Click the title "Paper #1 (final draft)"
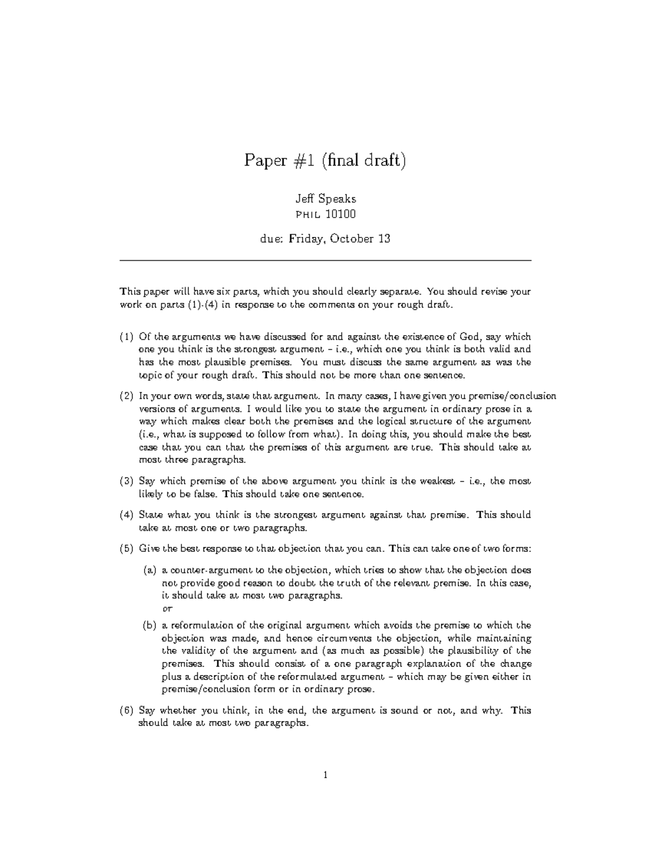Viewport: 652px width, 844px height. [325, 161]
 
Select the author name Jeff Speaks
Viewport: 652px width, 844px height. [325, 199]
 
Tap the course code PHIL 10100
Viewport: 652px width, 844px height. [325, 214]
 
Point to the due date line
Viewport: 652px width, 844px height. [325, 239]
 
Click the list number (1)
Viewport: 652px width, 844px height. [126, 336]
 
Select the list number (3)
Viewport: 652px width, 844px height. [126, 481]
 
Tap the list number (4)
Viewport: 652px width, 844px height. [126, 515]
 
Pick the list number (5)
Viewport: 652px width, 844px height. [126, 548]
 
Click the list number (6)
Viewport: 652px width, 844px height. [126, 710]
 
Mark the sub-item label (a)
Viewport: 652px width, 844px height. [149, 571]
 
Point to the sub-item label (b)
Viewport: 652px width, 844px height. [149, 625]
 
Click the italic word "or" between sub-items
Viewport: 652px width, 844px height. [167, 609]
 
